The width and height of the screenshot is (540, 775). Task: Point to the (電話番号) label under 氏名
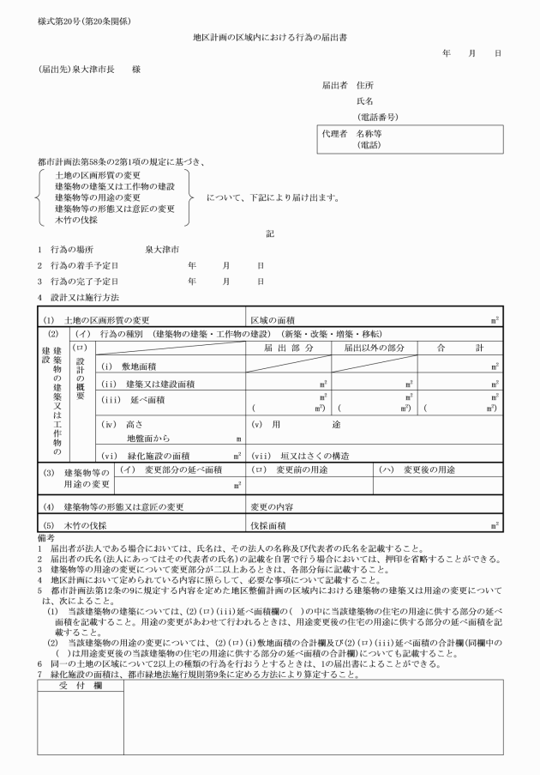[377, 117]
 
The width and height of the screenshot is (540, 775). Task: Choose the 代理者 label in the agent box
[333, 134]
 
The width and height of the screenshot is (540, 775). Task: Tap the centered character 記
[271, 233]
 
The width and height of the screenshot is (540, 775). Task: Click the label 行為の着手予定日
[84, 265]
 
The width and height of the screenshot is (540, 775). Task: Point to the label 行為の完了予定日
[84, 281]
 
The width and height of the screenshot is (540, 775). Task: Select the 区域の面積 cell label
[273, 319]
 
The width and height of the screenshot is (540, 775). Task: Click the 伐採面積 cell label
[267, 524]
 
